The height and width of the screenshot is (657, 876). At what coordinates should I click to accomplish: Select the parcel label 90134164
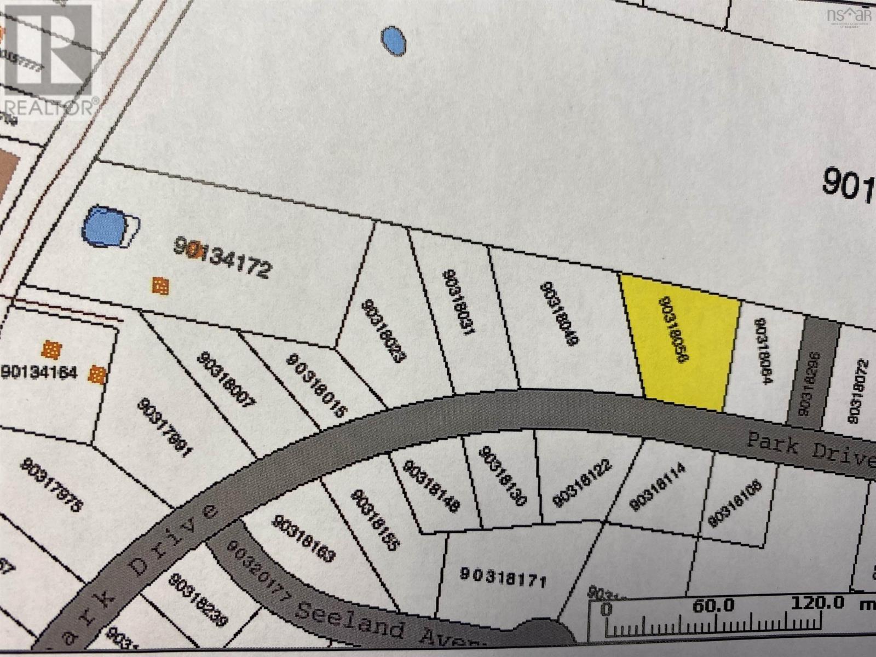40,372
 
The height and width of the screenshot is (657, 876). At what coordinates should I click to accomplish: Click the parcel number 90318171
503,576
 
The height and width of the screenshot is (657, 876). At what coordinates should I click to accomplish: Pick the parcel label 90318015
317,386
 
